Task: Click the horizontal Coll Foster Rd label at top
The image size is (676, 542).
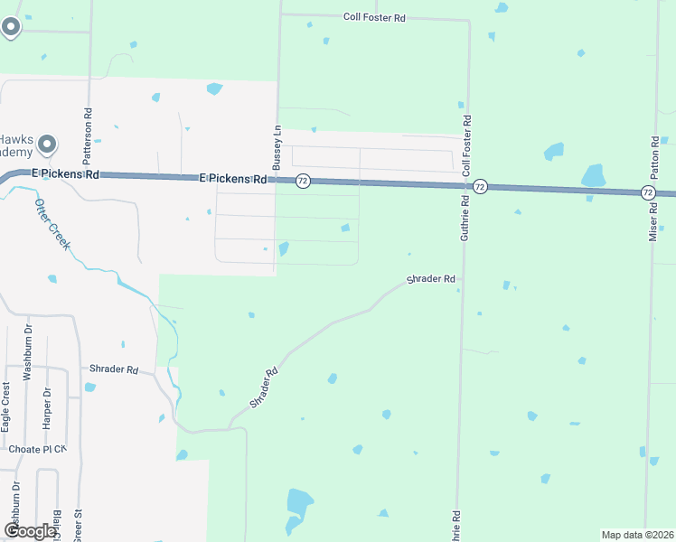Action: coord(374,17)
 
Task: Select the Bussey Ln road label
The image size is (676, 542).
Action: coord(277,148)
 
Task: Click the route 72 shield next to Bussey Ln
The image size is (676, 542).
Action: coord(303,181)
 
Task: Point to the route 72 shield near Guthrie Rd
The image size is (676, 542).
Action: coord(480,187)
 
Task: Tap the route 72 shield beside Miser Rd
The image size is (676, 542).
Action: coord(648,192)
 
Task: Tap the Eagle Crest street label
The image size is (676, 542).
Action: coord(6,405)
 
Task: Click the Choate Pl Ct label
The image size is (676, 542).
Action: coord(37,449)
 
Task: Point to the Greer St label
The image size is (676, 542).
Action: coord(79,525)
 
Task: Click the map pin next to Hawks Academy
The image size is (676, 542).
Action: coord(48,145)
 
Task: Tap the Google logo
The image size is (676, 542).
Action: coord(30,531)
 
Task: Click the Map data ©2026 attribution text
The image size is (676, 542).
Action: coord(637,535)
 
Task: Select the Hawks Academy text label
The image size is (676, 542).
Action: coord(15,145)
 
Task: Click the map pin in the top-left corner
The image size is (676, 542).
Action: coord(11,27)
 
